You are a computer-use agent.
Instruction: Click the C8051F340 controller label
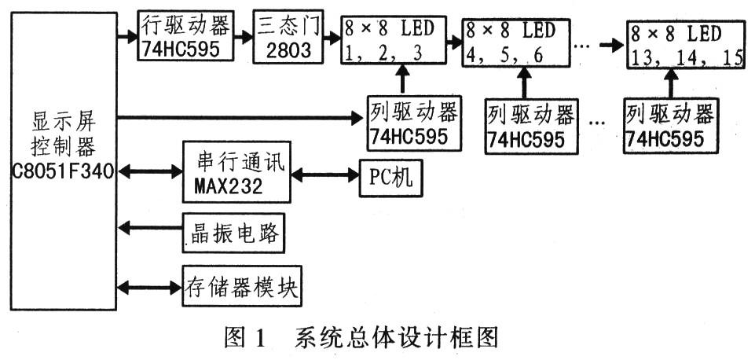(64, 171)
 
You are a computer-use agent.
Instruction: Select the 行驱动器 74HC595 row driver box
(185, 36)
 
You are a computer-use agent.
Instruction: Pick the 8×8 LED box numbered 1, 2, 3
(394, 40)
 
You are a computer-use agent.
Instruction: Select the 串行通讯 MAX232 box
(236, 172)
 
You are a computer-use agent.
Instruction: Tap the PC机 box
(390, 178)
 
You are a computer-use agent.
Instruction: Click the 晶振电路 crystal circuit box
(233, 233)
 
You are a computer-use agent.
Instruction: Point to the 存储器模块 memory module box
(242, 286)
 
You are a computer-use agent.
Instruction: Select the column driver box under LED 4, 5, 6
(531, 127)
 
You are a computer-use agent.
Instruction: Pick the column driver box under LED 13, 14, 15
(671, 126)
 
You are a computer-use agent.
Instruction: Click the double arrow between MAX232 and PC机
(325, 175)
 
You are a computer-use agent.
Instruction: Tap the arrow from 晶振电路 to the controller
(150, 227)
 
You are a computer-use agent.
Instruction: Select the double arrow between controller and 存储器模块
(149, 288)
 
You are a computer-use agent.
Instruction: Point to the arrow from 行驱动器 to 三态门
(244, 37)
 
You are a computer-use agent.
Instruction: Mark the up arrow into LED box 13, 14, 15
(671, 84)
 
